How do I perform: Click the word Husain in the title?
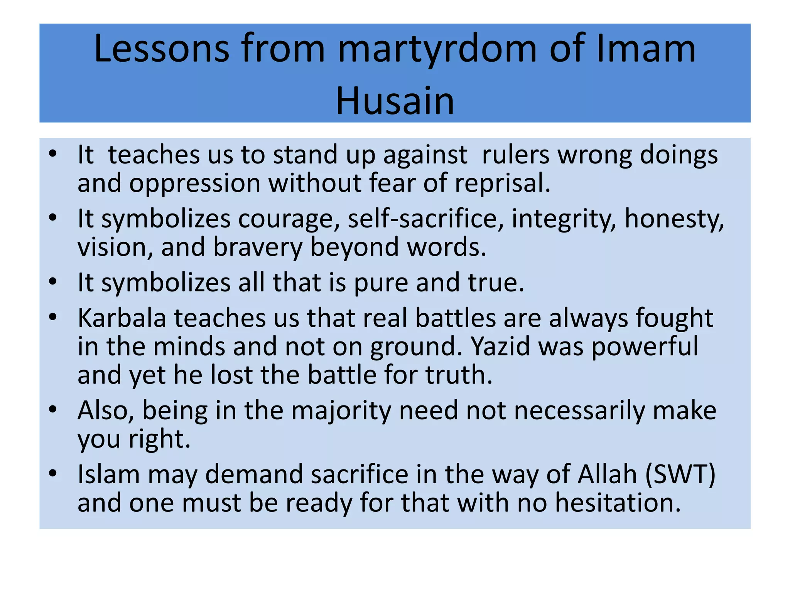click(395, 101)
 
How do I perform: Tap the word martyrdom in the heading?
click(437, 49)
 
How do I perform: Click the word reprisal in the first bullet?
click(502, 183)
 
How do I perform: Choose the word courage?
click(289, 219)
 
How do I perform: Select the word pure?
click(381, 283)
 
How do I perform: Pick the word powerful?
click(645, 346)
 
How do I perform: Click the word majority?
click(341, 411)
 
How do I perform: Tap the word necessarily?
click(579, 411)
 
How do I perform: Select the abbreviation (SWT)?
click(680, 474)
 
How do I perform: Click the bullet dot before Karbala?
click(53, 317)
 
